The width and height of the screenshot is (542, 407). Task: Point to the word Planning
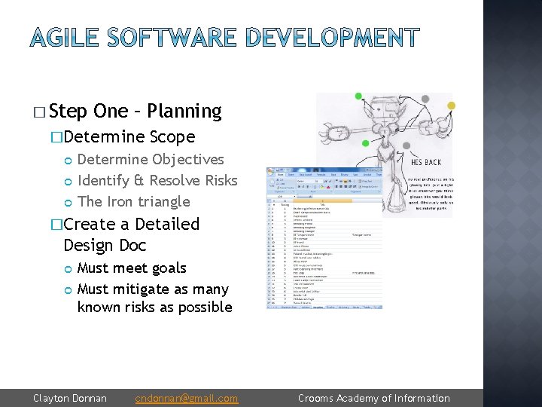184,112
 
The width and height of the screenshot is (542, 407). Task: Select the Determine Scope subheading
129,137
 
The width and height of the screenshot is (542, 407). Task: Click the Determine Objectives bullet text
151,159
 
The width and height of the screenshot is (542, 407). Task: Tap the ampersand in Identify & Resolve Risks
139,180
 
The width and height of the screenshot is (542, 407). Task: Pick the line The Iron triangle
133,201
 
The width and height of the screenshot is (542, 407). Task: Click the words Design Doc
105,245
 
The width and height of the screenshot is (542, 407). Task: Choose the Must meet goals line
132,268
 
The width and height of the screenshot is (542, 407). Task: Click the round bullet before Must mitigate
69,289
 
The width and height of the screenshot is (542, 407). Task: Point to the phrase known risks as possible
154,307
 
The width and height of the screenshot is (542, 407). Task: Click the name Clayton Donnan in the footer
70,398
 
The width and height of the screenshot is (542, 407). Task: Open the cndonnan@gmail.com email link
186,398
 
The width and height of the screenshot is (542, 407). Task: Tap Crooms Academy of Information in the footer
373,398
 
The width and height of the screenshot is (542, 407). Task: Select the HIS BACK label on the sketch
426,161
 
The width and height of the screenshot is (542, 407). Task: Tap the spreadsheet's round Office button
272,171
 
